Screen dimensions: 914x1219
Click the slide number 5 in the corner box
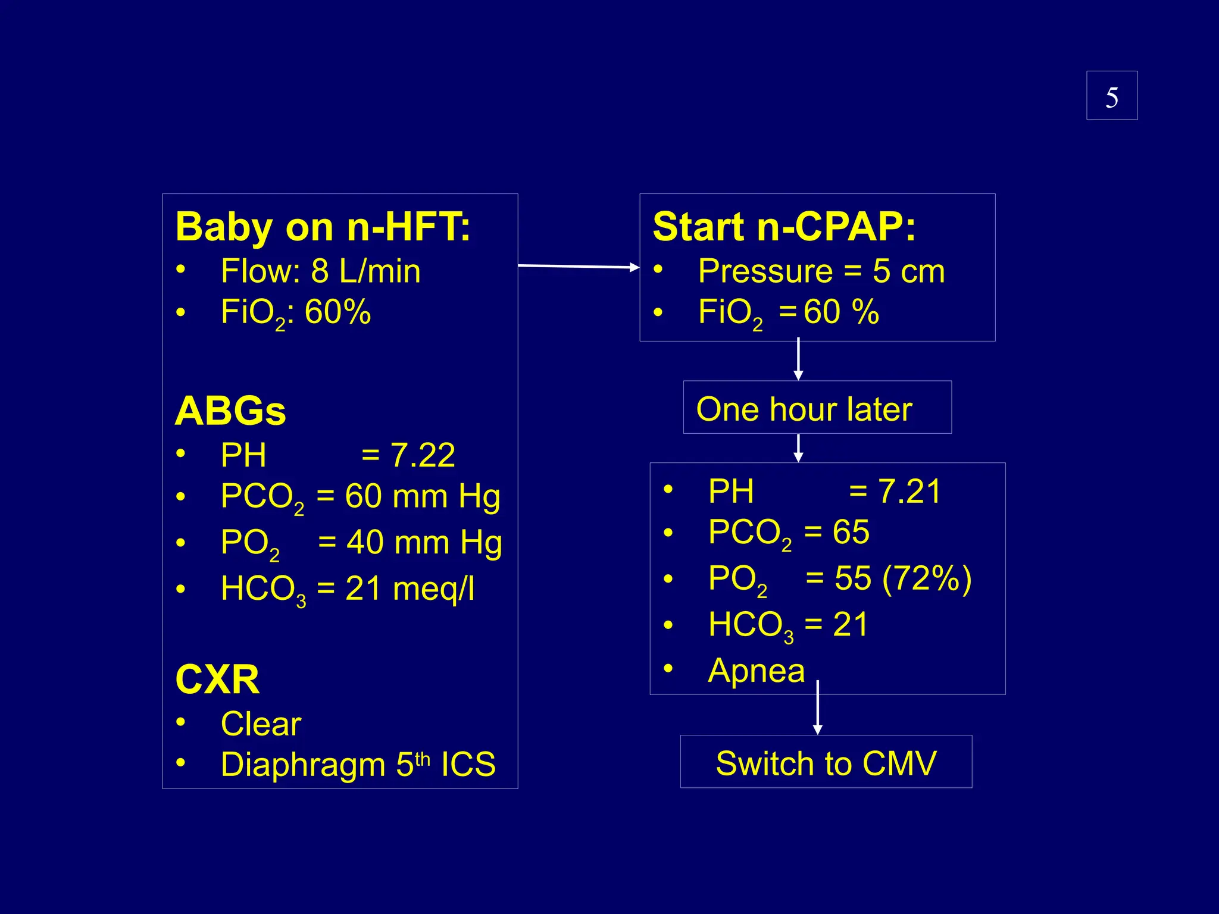[x=1111, y=97]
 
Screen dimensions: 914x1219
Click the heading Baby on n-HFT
[x=323, y=227]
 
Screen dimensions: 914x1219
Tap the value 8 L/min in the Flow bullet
[x=365, y=271]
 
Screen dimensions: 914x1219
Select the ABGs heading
[x=230, y=411]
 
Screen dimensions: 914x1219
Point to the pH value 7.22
[x=423, y=456]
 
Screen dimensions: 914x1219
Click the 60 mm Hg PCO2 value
[x=422, y=496]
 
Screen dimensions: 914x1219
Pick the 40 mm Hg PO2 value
[x=424, y=543]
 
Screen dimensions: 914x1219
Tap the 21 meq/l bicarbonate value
[x=410, y=589]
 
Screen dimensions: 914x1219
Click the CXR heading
[x=217, y=680]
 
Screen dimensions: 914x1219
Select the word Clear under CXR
[x=261, y=724]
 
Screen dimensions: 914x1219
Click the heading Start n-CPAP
[x=784, y=227]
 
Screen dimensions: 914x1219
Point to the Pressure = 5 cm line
[x=821, y=271]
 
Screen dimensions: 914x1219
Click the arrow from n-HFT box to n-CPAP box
[x=578, y=267]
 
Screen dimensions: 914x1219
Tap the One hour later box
[x=817, y=408]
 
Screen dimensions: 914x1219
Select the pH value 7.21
[x=909, y=492]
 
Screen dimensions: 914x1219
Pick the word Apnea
[x=756, y=671]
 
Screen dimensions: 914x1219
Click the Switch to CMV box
[x=826, y=763]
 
